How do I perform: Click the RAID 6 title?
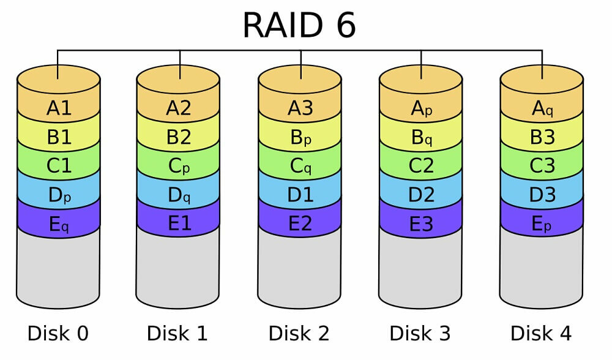299,25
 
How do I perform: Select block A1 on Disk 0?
59,108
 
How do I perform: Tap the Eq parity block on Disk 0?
59,225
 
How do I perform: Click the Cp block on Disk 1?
179,167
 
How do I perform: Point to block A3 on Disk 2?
300,108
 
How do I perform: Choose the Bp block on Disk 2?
300,138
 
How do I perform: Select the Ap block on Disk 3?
421,108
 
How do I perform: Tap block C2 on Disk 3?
421,167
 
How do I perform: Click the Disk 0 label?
58,334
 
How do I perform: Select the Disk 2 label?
299,334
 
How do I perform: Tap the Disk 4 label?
542,334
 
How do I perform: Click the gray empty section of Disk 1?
179,269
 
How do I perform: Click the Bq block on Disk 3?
421,138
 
